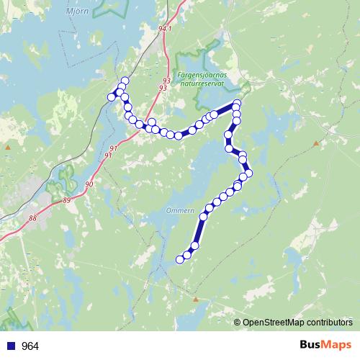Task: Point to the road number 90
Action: point(89,185)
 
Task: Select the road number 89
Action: point(67,199)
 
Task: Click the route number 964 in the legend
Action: point(30,346)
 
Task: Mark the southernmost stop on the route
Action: point(180,259)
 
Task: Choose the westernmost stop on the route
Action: point(112,96)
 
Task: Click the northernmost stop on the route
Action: point(125,81)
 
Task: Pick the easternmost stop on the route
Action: point(250,174)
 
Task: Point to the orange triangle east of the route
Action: point(315,143)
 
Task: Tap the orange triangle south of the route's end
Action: point(195,297)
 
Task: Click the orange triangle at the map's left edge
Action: point(7,147)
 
